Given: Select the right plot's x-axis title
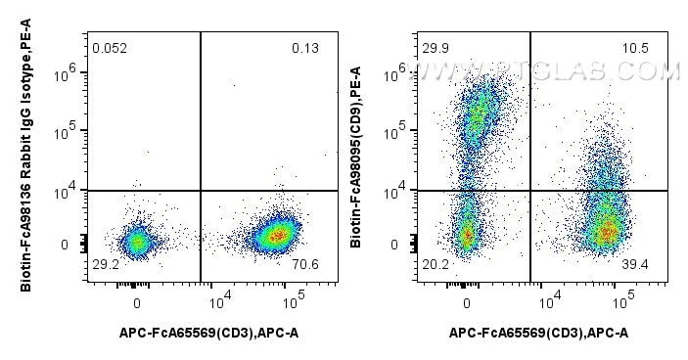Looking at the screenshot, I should point(539,334).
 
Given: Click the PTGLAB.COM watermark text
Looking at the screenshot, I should point(548,70).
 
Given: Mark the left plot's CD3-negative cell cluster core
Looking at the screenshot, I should point(137,240).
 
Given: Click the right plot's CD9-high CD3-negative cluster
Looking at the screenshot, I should point(480,117).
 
